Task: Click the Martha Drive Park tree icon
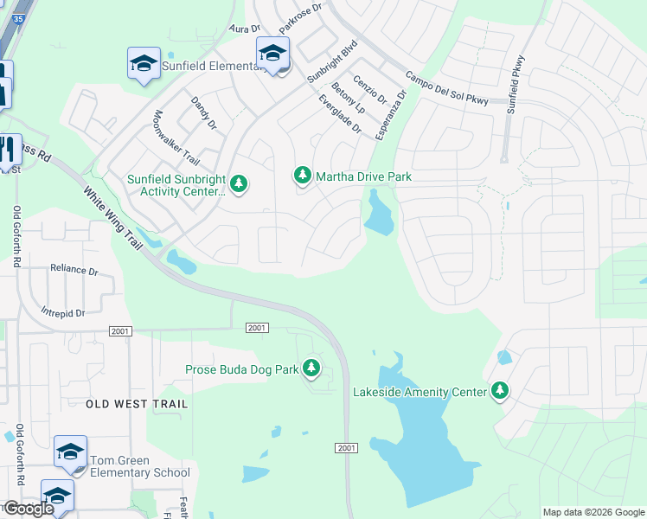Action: coord(302,176)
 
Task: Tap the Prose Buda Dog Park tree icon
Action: coord(311,369)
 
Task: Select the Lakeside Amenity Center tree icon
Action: coord(499,391)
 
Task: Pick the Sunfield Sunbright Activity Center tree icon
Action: coord(239,183)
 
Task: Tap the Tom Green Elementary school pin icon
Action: coord(70,452)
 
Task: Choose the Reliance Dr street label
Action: coord(74,270)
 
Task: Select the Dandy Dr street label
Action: coord(203,113)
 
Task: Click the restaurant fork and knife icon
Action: coord(9,148)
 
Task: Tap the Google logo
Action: coord(28,509)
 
